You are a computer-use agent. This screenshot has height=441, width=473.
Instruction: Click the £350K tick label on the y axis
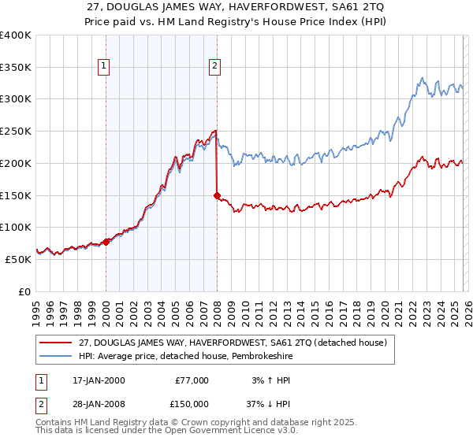16,67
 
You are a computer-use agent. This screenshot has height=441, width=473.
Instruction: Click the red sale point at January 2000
106,243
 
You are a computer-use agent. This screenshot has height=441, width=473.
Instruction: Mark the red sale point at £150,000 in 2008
217,195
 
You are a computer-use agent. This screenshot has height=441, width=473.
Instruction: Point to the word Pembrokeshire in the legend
245,357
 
